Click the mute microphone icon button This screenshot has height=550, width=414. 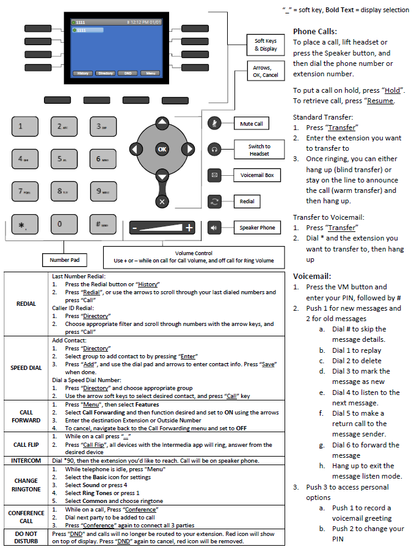pos(214,123)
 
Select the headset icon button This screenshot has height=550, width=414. pos(214,149)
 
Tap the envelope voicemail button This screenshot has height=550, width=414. pos(214,175)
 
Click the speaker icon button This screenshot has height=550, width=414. pos(214,228)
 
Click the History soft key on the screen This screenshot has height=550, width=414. pos(82,73)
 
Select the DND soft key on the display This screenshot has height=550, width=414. pos(128,73)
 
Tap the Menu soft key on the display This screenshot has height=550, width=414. pos(150,73)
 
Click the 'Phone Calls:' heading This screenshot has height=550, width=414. pos(314,31)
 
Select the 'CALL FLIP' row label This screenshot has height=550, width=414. pos(26,444)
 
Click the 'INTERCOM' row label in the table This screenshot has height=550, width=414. pos(26,460)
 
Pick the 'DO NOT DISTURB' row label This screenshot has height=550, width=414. pos(26,538)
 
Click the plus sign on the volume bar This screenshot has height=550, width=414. pos(189,228)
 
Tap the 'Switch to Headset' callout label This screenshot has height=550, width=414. pos(259,150)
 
